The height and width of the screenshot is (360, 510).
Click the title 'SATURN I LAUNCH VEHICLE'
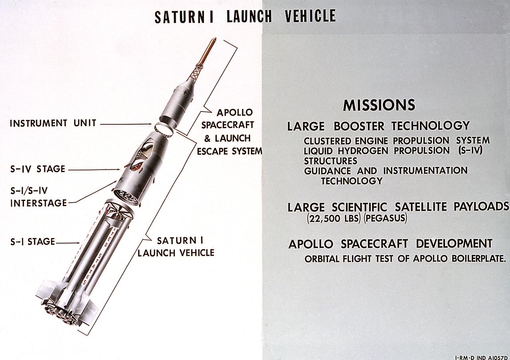pyautogui.click(x=245, y=16)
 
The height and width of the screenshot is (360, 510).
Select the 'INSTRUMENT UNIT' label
pyautogui.click(x=53, y=123)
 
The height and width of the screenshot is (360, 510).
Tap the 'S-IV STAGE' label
pyautogui.click(x=38, y=169)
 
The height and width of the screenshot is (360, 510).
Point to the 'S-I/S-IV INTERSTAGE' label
pyautogui.click(x=38, y=197)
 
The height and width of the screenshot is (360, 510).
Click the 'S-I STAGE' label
pyautogui.click(x=33, y=242)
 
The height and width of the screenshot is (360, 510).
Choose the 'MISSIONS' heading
pyautogui.click(x=379, y=106)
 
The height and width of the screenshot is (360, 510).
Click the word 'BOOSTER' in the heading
pyautogui.click(x=359, y=126)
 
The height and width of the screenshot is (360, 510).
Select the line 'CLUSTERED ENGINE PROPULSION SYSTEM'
pyautogui.click(x=396, y=141)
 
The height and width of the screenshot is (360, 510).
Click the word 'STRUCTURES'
pyautogui.click(x=330, y=161)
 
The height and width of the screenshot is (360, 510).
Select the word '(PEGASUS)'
pyautogui.click(x=385, y=219)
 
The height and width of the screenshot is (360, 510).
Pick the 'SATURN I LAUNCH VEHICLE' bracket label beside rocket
pyautogui.click(x=176, y=247)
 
